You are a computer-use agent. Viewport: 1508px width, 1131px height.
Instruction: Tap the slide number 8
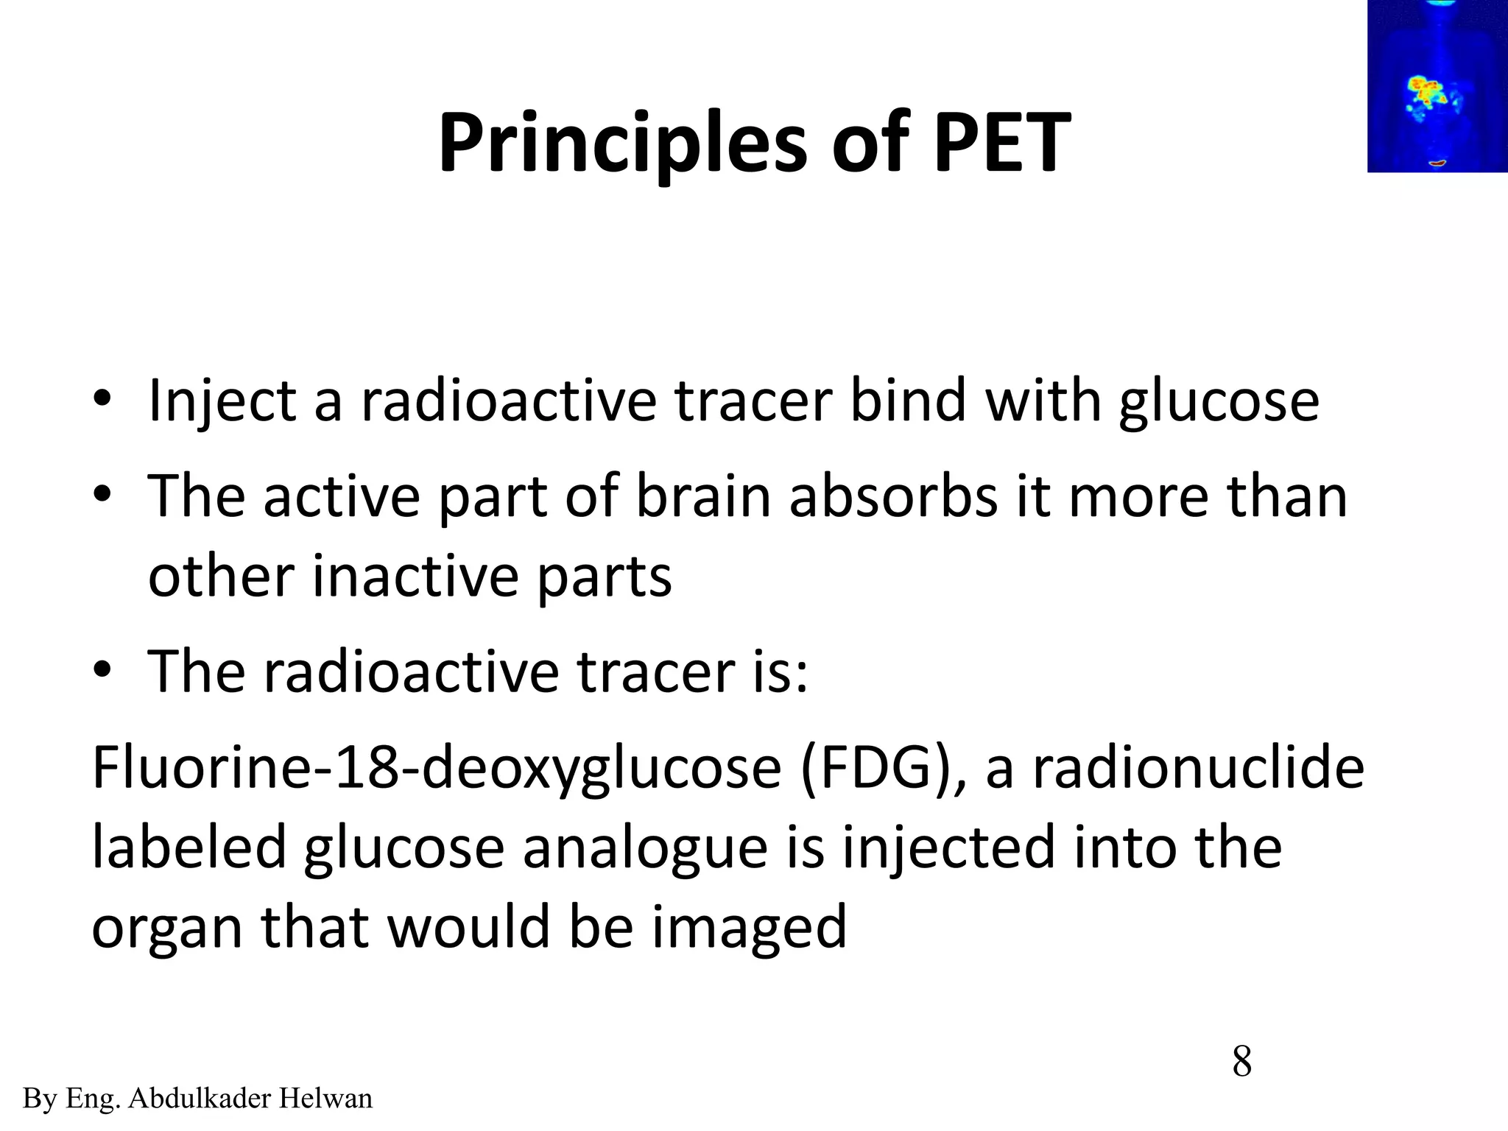click(x=1241, y=1063)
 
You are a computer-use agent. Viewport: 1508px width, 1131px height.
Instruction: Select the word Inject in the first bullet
click(x=221, y=401)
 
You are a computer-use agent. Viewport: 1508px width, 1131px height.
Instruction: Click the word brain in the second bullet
click(x=702, y=496)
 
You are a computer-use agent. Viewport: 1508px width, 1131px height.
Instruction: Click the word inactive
click(x=415, y=576)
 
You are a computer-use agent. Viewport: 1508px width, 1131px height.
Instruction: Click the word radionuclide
click(x=1198, y=767)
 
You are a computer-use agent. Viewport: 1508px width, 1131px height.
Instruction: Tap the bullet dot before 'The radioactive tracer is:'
click(x=102, y=670)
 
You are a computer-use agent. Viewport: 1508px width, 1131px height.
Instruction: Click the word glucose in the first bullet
click(x=1218, y=401)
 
